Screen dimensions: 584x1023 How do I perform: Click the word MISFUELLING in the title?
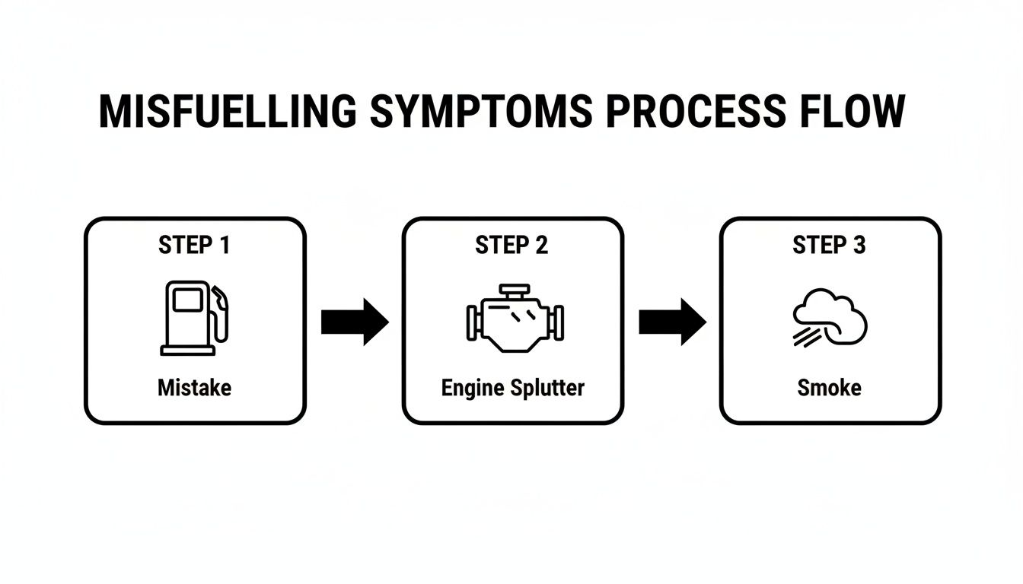(x=228, y=111)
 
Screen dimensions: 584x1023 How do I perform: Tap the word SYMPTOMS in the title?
(x=481, y=111)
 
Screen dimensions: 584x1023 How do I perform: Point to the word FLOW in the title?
(x=855, y=111)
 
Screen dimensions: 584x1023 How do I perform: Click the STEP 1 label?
(x=194, y=246)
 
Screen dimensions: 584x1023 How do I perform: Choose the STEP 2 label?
(x=511, y=246)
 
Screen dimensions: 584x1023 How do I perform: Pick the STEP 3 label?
(x=829, y=246)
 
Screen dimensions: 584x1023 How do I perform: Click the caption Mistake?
(x=194, y=388)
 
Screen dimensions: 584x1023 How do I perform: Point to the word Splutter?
(x=548, y=388)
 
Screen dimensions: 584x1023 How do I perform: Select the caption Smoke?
(x=829, y=388)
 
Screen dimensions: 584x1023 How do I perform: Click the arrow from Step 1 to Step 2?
(x=355, y=322)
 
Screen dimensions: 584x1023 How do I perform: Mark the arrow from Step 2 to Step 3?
(x=672, y=322)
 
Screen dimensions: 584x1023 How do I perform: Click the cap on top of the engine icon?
(x=514, y=290)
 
